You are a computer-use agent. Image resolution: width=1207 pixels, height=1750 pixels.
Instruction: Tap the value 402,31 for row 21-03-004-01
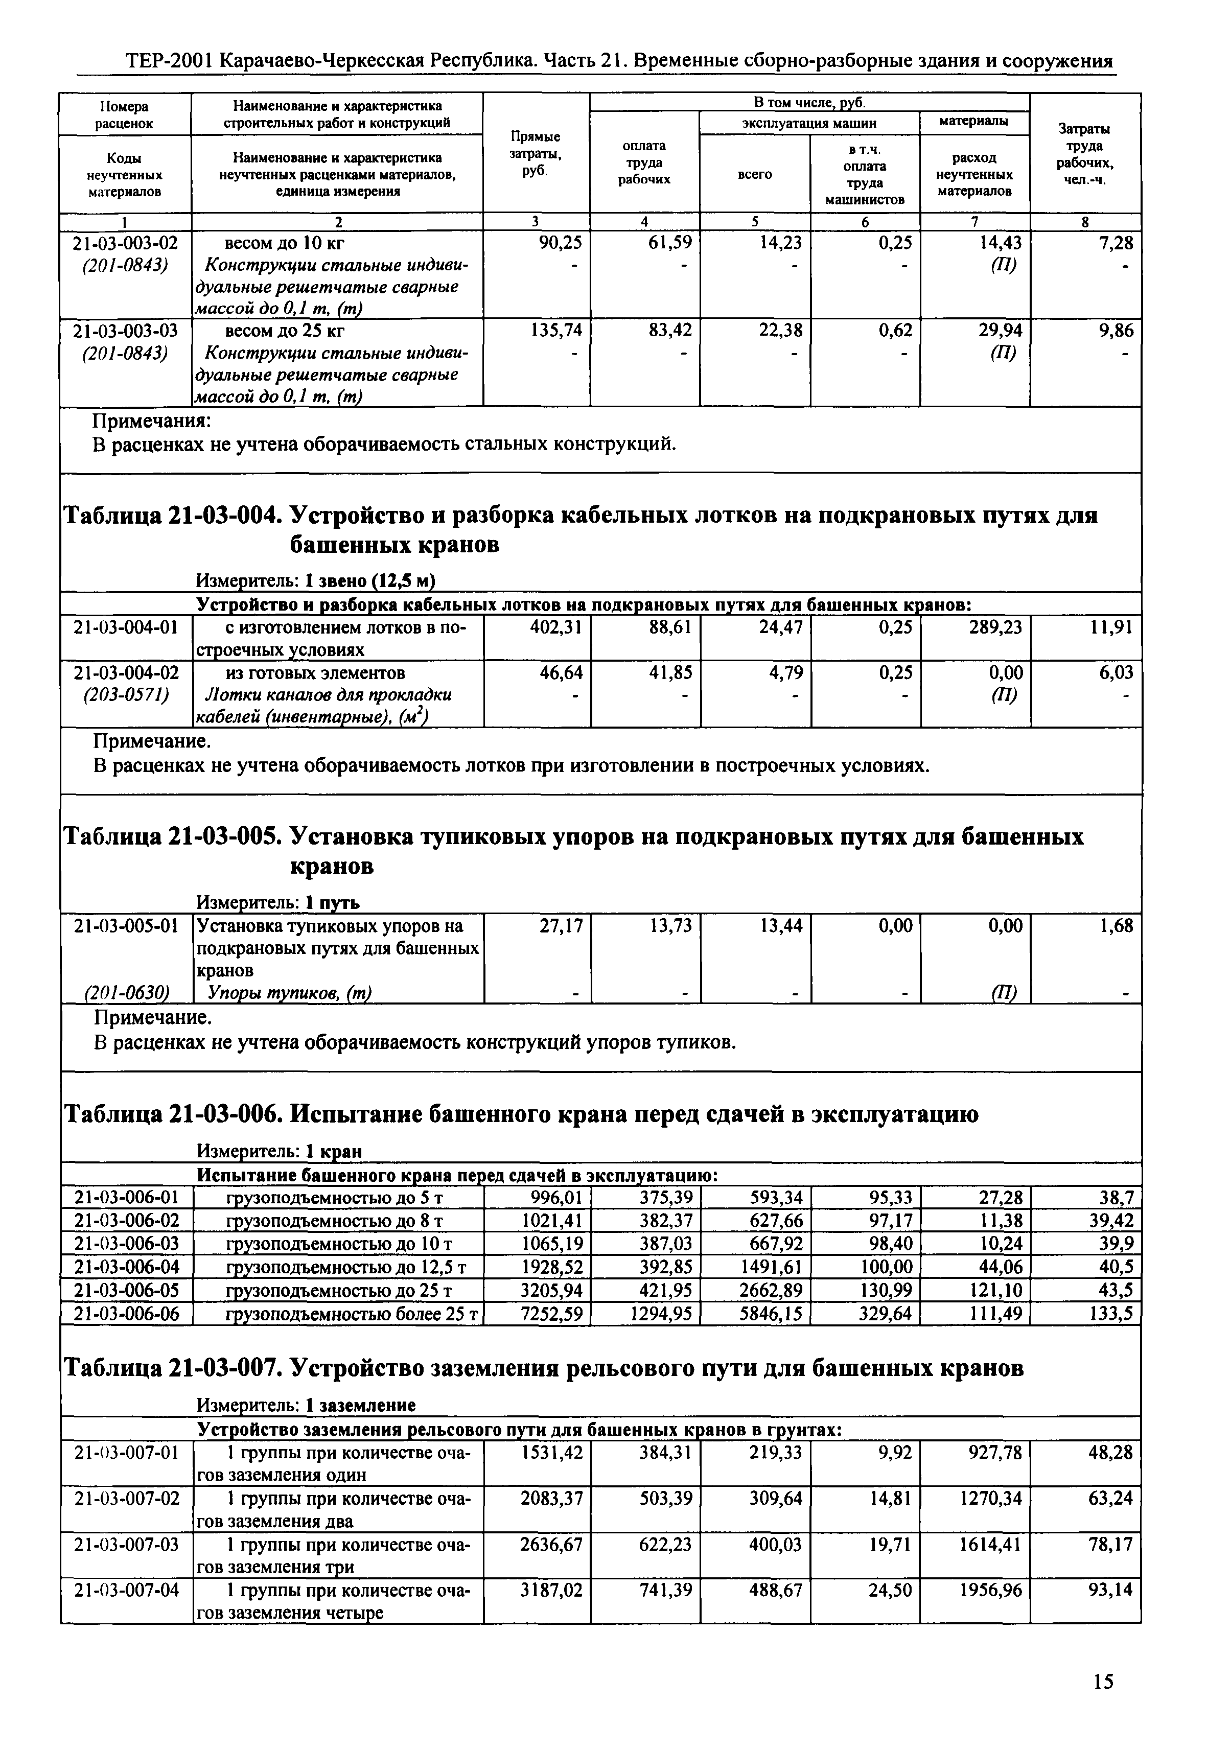556,627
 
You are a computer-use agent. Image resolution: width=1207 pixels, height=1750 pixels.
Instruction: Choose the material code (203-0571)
126,694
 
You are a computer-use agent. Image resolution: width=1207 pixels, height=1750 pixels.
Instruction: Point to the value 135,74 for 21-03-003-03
556,331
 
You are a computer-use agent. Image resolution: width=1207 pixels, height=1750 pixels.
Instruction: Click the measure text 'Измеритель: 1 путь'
277,902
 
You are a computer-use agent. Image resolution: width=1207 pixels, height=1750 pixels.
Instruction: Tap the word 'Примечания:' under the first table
151,421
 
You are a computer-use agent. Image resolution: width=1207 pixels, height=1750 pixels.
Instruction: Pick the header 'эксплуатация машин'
808,123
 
